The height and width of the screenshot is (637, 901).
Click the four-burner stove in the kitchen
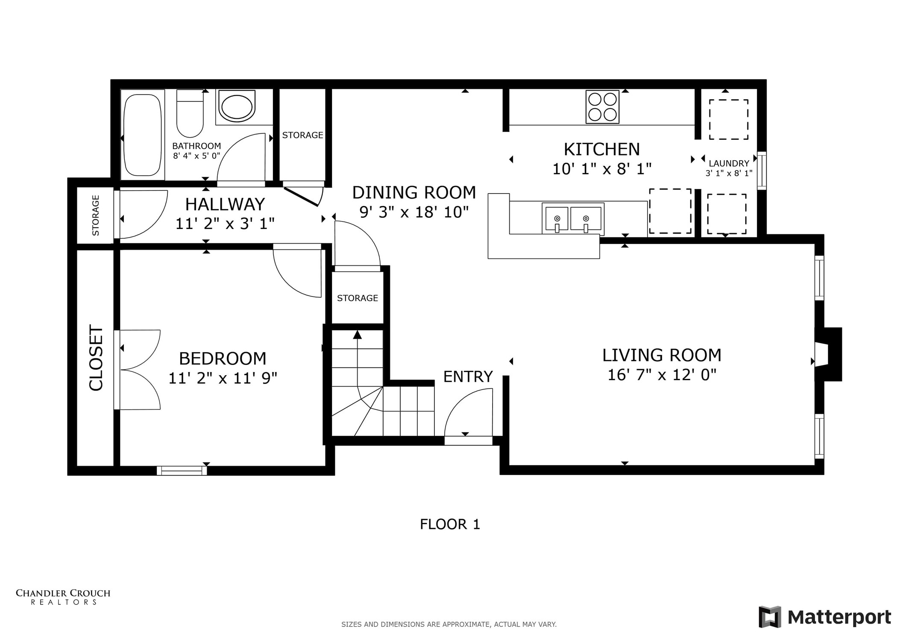pos(602,107)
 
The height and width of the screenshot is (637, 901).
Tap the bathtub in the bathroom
pos(142,135)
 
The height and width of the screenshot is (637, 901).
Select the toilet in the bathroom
pos(190,113)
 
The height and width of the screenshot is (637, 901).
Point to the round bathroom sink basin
pos(235,107)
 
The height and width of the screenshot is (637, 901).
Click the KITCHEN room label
pos(602,150)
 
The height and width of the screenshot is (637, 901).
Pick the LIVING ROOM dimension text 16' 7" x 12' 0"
pos(661,375)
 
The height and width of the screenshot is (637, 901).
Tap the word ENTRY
pos(468,377)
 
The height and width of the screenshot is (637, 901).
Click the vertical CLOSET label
pos(96,358)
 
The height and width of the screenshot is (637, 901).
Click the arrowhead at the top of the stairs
pos(357,335)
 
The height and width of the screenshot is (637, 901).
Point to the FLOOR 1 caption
pos(450,524)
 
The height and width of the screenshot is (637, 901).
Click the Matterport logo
pos(825,617)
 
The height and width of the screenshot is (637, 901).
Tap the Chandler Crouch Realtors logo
pos(63,596)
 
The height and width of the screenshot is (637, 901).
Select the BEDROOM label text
pos(222,358)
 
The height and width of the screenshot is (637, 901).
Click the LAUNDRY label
pos(728,163)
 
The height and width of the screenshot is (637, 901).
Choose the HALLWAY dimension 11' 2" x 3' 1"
pos(225,223)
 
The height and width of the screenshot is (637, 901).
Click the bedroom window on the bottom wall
pos(182,470)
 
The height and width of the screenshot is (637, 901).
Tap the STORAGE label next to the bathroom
pos(302,135)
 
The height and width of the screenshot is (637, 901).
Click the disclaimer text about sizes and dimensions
pos(449,624)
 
